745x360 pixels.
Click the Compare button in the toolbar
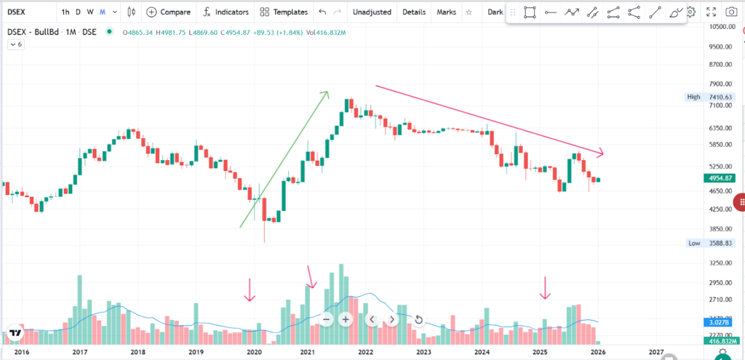point(169,12)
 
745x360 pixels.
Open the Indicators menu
point(226,12)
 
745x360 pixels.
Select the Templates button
point(284,12)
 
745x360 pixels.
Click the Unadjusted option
point(372,12)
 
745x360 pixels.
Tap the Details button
point(414,12)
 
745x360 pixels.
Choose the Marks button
point(446,12)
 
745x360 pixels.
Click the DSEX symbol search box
point(28,12)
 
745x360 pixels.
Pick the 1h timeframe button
point(66,12)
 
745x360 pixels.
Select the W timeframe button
point(90,12)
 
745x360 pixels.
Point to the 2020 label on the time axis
point(255,352)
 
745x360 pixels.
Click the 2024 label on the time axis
point(482,352)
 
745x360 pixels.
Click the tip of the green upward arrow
point(328,92)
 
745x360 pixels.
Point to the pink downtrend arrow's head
point(603,153)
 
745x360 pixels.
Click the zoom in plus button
point(346,319)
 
